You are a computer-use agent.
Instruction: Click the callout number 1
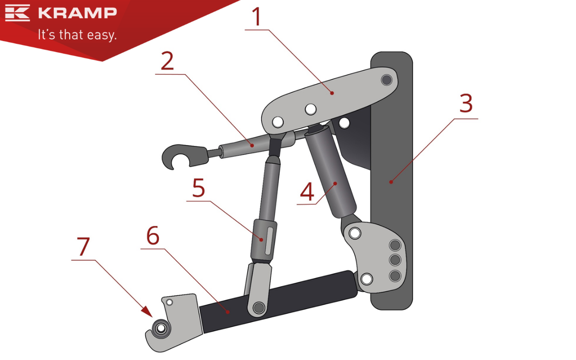coord(257,16)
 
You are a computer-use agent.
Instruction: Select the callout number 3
coord(466,103)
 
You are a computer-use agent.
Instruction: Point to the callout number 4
coord(307,192)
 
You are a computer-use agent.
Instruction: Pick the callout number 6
coord(153,235)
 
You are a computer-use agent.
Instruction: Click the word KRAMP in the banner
coord(78,13)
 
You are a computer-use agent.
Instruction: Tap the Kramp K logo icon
coord(17,12)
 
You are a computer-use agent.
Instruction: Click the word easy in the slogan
coord(102,35)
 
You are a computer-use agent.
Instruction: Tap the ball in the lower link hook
coord(161,328)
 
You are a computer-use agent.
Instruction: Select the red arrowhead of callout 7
coord(147,312)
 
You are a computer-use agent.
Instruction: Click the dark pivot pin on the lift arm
coord(386,80)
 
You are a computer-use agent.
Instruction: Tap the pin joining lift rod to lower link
coord(259,307)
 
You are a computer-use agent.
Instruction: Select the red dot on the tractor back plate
coord(391,182)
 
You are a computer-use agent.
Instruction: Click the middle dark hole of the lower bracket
coord(395,260)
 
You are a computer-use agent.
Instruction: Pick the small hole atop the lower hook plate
coord(169,302)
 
